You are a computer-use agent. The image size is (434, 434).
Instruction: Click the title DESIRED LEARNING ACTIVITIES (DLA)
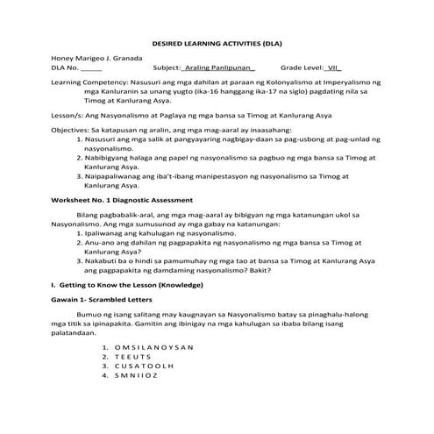217,43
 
